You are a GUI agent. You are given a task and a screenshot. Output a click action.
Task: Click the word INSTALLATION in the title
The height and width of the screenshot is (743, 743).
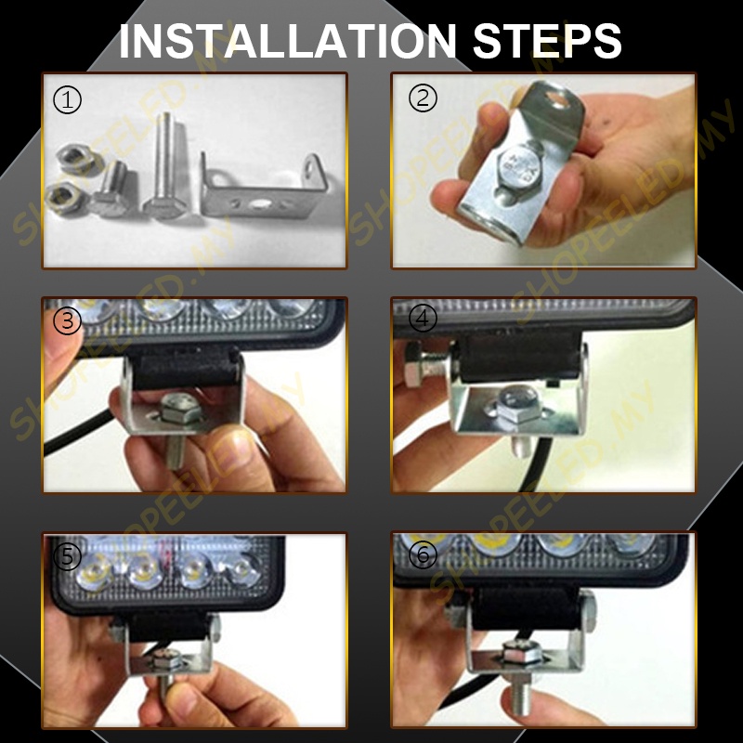click(287, 41)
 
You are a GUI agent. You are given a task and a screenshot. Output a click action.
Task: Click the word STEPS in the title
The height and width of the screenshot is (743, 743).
click(547, 41)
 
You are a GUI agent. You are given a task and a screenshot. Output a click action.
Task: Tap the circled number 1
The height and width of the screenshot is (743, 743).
click(67, 99)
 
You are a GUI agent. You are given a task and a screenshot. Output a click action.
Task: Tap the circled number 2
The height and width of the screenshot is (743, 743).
click(423, 98)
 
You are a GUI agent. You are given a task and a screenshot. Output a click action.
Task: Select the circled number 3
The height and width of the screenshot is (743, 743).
click(67, 320)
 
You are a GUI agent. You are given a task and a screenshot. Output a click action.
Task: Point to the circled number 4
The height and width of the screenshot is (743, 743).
click(423, 318)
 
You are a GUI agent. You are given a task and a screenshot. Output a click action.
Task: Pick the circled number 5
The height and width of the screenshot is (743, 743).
click(67, 556)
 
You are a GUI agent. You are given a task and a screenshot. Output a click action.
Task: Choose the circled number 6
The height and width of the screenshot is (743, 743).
click(423, 554)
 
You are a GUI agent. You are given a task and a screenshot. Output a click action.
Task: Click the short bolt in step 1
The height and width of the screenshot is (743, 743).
click(111, 189)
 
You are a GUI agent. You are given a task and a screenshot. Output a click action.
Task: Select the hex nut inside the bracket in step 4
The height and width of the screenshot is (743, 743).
click(517, 404)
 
